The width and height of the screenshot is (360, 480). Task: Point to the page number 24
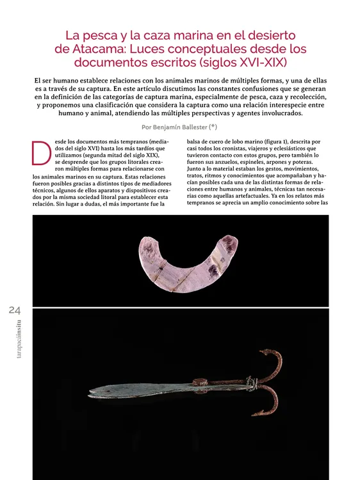(15, 310)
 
